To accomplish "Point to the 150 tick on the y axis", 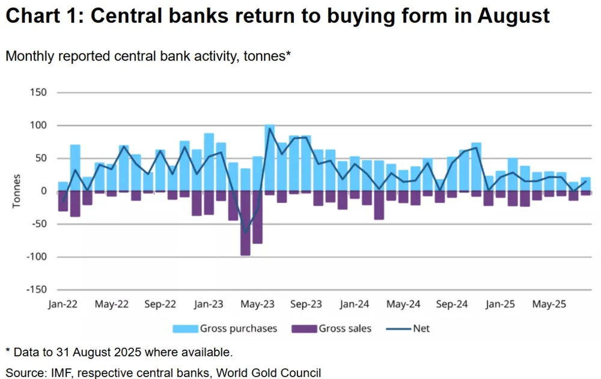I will (x=38, y=93).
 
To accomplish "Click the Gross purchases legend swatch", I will (x=185, y=329).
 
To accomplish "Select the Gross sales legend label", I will (x=346, y=329).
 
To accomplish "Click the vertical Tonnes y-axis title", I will (x=17, y=191).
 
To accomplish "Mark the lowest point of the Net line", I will (x=245, y=231).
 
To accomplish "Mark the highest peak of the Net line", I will (x=270, y=128).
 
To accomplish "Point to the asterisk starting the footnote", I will (x=8, y=351).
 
